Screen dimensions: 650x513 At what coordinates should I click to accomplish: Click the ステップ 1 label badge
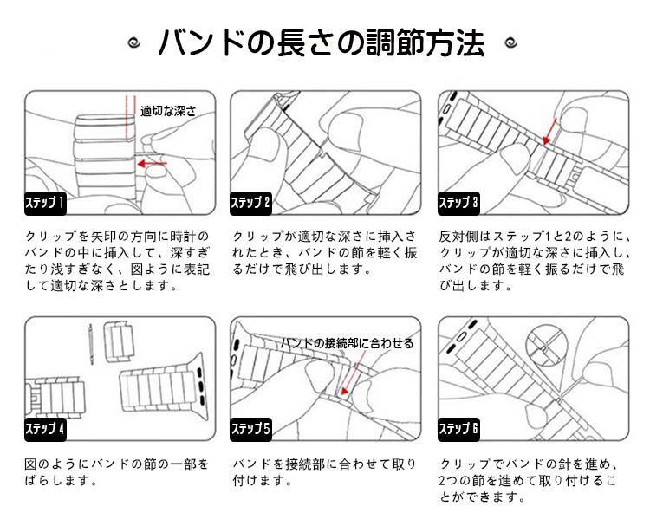pyautogui.click(x=45, y=204)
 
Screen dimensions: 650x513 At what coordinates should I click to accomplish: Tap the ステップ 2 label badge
pyautogui.click(x=250, y=204)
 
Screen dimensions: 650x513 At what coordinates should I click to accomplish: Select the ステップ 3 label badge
pyautogui.click(x=458, y=204)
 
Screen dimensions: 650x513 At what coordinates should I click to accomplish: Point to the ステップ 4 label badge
pyautogui.click(x=45, y=429)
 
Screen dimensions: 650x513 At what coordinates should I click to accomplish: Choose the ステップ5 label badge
pyautogui.click(x=250, y=429)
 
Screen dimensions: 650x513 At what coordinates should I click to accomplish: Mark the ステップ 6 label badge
pyautogui.click(x=458, y=429)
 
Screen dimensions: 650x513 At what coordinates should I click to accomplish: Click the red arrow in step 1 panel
pyautogui.click(x=152, y=163)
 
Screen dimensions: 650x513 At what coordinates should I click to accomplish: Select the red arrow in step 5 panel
pyautogui.click(x=352, y=373)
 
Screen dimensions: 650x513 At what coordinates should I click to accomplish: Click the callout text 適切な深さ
pyautogui.click(x=168, y=111)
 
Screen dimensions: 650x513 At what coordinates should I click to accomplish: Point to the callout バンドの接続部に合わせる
pyautogui.click(x=347, y=343)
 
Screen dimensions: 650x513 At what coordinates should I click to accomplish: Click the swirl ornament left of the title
pyautogui.click(x=133, y=42)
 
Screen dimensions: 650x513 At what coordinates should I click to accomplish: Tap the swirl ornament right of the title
pyautogui.click(x=510, y=42)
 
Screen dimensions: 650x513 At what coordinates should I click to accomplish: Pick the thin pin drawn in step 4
pyautogui.click(x=91, y=344)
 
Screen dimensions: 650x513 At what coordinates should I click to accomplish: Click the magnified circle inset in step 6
pyautogui.click(x=546, y=347)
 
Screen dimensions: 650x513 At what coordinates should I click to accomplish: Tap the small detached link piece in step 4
pyautogui.click(x=119, y=341)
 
